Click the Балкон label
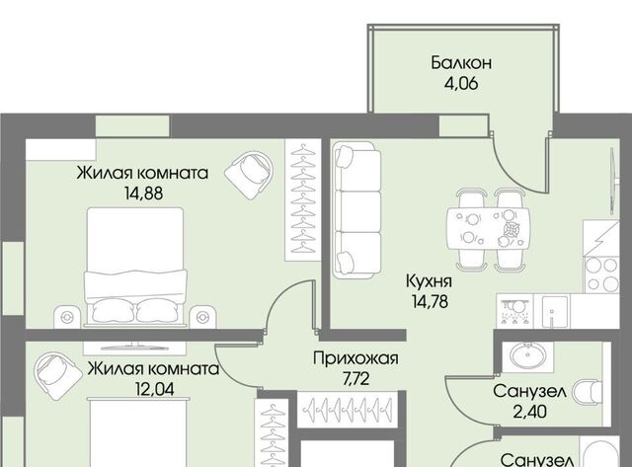click(x=461, y=63)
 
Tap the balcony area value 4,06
click(x=461, y=84)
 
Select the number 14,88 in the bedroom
click(x=143, y=194)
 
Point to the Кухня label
click(x=429, y=281)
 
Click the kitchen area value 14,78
click(x=430, y=301)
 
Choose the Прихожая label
click(x=355, y=358)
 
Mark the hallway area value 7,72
click(x=355, y=379)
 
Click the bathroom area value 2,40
click(x=529, y=412)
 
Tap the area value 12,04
click(x=155, y=389)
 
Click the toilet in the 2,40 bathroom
click(x=587, y=392)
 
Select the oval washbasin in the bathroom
click(x=527, y=355)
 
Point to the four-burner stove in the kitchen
click(x=601, y=274)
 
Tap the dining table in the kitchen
click(x=488, y=230)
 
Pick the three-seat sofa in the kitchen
click(x=357, y=210)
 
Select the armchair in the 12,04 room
click(x=57, y=376)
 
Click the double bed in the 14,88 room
click(x=135, y=267)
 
